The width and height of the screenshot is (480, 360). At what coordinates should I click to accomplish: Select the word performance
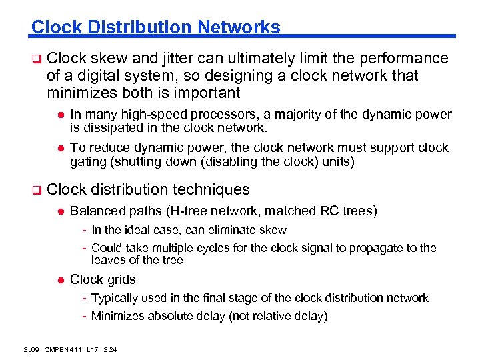click(x=403, y=59)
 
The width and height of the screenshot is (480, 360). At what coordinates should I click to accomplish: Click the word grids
click(x=120, y=279)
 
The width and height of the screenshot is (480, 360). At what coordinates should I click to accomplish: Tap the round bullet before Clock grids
click(x=59, y=280)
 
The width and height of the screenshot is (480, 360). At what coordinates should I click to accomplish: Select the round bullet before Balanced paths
click(x=59, y=211)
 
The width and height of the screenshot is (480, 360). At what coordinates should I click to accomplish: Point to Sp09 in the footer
click(x=31, y=349)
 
